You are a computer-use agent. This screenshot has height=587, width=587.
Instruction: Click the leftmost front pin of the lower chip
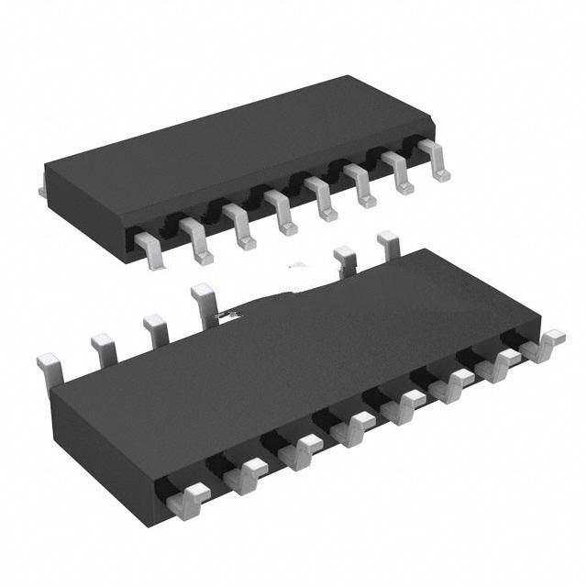188,499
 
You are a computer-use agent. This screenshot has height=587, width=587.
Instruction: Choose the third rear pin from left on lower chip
154,327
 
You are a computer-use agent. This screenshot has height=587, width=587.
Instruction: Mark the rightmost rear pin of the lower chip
388,242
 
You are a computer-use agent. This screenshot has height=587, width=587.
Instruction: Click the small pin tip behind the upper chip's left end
42,190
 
